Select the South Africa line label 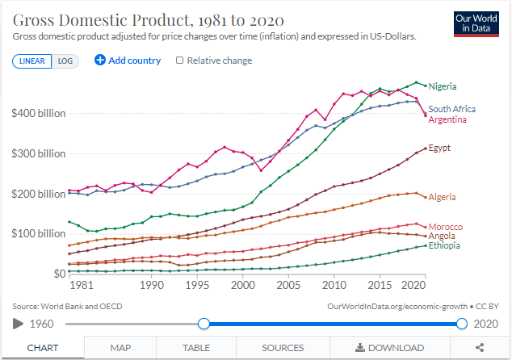(x=451, y=109)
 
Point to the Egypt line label (x=439, y=148)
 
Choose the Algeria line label (x=442, y=197)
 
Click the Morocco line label (x=445, y=226)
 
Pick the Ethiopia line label (x=444, y=245)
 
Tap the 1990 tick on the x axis (x=152, y=286)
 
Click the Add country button (x=128, y=61)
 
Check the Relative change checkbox (x=179, y=61)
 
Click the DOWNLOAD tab (x=388, y=348)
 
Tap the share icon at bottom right (x=480, y=348)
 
